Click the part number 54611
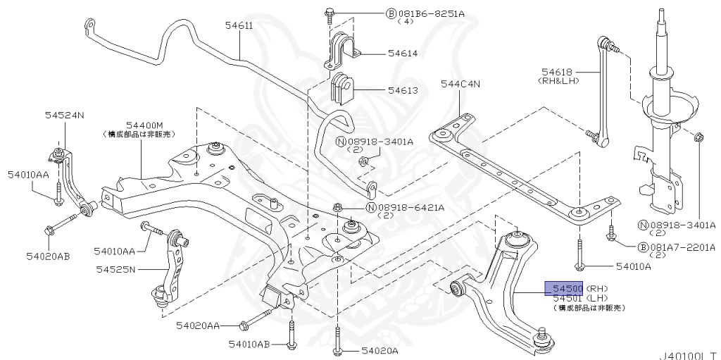point(239,26)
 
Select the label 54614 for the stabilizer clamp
point(382,54)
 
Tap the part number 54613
point(382,90)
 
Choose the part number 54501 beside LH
point(567,298)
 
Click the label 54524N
point(65,115)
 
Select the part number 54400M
point(149,124)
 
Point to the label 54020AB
point(48,256)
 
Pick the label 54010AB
point(249,344)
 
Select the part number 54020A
point(380,350)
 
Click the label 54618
point(557,71)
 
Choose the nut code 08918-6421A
point(411,207)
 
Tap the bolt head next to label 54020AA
point(244,325)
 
